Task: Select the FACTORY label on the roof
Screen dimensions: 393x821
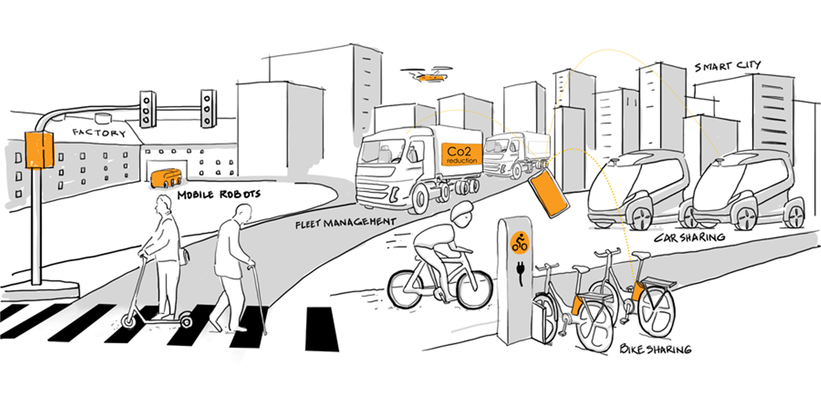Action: (99, 133)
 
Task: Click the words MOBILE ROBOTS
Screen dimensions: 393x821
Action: (219, 195)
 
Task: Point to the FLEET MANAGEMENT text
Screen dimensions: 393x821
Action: (346, 223)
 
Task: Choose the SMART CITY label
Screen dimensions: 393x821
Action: (727, 66)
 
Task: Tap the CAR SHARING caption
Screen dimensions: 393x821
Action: (689, 238)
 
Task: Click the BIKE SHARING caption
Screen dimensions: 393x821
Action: (655, 349)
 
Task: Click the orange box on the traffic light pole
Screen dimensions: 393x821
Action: (39, 150)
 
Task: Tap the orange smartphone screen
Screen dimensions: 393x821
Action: (549, 193)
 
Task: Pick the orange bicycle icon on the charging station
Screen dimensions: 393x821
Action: (520, 243)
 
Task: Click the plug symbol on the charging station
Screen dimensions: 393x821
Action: (520, 272)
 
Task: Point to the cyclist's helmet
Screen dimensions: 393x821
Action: (461, 212)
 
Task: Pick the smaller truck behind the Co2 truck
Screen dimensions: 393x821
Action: (515, 154)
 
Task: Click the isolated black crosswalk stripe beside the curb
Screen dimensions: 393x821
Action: (322, 329)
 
